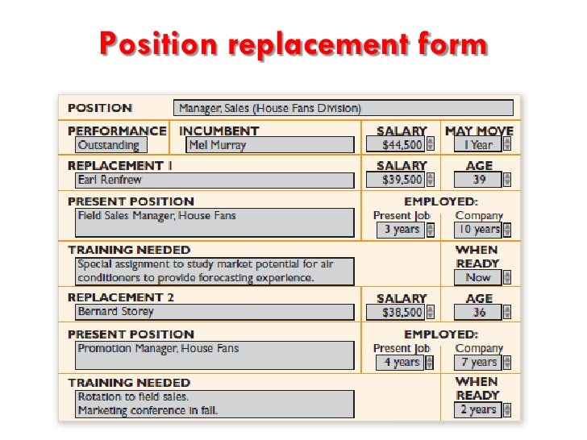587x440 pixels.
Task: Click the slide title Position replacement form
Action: (x=293, y=44)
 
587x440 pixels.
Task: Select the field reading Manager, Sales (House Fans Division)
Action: (x=343, y=108)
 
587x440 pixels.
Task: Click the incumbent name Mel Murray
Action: (x=269, y=145)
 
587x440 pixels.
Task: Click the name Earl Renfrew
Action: (x=214, y=180)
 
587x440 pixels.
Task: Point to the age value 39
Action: (x=478, y=180)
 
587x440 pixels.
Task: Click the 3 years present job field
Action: (x=401, y=230)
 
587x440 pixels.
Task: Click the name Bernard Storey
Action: (x=214, y=311)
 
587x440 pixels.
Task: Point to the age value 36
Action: (x=478, y=312)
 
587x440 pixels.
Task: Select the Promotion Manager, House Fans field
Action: (x=214, y=355)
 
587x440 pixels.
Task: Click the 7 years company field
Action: (x=479, y=362)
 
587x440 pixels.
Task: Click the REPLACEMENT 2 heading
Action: (x=121, y=297)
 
